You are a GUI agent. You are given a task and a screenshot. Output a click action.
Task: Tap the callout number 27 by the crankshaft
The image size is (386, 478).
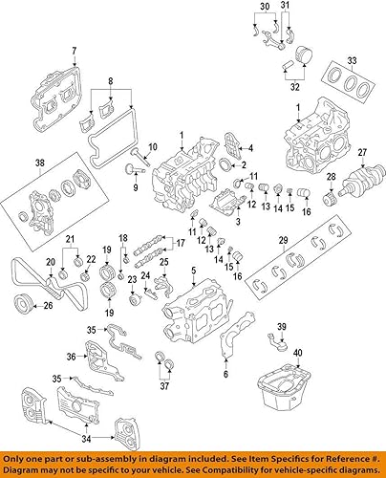[362, 153]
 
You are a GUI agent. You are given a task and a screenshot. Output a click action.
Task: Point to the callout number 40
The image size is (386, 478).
[297, 354]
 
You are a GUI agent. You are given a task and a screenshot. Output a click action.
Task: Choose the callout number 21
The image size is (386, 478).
[70, 237]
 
